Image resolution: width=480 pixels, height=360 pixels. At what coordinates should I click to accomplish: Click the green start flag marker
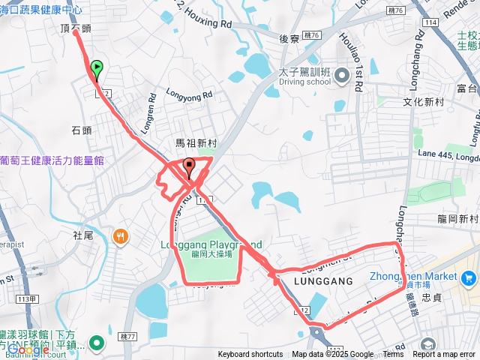point(97,70)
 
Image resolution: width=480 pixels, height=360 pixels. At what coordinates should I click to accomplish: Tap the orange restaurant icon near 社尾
point(121,238)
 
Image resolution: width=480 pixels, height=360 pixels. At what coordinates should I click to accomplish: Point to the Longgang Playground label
point(211,244)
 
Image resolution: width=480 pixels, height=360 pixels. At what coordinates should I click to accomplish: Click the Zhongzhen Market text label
point(413,276)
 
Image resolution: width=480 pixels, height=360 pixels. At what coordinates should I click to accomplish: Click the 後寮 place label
point(289,37)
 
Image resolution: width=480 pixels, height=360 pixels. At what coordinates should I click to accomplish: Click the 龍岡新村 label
point(457,219)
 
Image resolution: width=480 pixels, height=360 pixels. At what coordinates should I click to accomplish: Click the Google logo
point(28,349)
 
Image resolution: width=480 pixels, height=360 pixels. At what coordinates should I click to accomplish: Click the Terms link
point(393,355)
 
